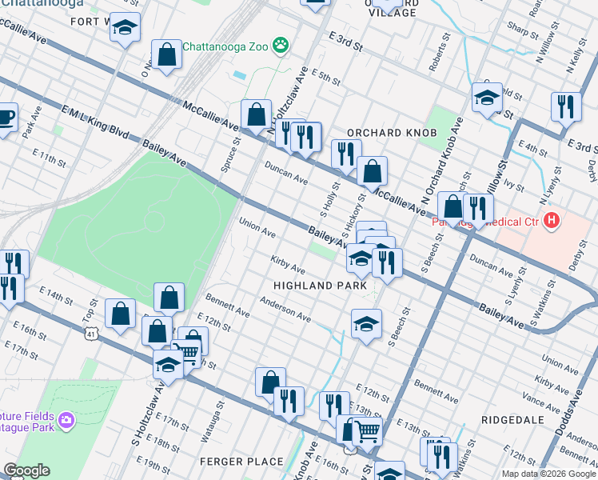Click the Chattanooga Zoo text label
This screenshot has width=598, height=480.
tap(226, 46)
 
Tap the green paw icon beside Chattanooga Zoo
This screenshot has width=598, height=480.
tap(281, 46)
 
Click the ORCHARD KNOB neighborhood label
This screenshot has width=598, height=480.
tap(391, 132)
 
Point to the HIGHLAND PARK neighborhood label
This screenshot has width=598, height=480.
tap(320, 286)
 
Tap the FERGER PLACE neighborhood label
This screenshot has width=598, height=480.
tap(242, 462)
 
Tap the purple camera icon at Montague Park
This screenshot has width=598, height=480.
tap(66, 419)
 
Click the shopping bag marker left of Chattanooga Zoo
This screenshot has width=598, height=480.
tap(166, 56)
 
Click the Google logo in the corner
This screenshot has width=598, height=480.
tap(26, 471)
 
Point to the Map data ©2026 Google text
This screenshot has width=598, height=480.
tap(548, 474)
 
